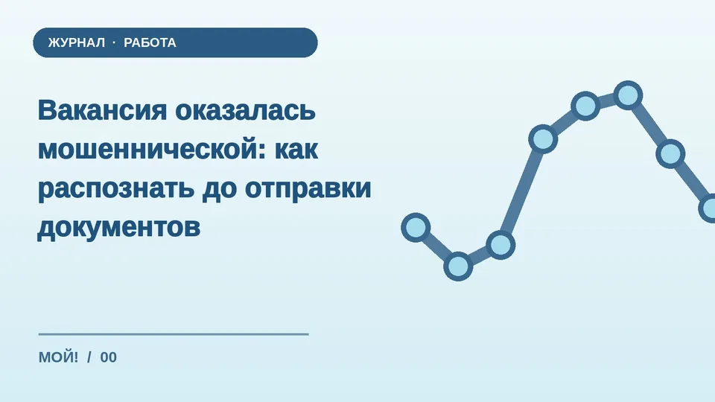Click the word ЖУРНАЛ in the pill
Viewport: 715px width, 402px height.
coord(77,43)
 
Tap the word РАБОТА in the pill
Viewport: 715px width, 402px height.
coord(150,43)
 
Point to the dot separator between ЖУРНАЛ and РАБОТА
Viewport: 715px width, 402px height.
coord(114,42)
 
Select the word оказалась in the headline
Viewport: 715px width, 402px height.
coord(245,110)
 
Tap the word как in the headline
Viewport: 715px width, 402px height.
coord(296,149)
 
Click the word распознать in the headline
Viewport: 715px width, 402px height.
coord(116,188)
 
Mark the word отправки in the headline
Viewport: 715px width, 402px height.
coord(308,188)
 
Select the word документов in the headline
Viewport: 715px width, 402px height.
coord(119,227)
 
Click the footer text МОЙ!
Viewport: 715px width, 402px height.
coord(58,357)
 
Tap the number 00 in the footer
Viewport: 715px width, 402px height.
coord(109,357)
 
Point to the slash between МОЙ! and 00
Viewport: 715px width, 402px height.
coord(89,357)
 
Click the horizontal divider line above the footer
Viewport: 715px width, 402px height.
coord(174,334)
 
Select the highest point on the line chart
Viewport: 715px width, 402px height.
coord(629,96)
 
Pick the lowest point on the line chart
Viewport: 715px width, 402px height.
coord(458,267)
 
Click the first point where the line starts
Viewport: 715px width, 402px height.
coord(416,228)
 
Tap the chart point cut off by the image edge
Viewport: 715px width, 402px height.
coord(708,208)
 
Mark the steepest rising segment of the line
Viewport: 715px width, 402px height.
coord(521,192)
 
